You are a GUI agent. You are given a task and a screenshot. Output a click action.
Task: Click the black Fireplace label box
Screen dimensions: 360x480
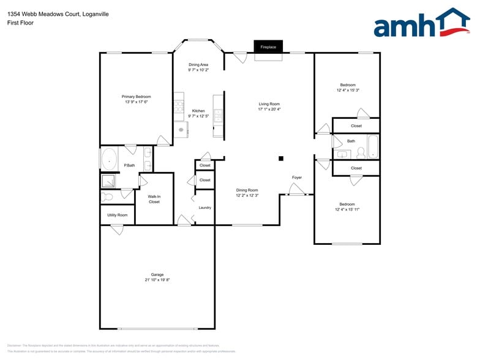(x=268, y=47)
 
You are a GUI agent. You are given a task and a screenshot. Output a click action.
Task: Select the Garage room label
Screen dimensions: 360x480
(x=157, y=274)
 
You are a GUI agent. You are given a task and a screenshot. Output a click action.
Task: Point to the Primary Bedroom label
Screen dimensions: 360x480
(x=136, y=97)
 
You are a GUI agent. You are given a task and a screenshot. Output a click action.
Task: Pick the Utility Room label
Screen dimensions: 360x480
(x=117, y=215)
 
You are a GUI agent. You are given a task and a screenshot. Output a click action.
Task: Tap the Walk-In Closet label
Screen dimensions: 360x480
(x=154, y=199)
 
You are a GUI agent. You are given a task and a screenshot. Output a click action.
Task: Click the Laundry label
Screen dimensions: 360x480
(x=204, y=208)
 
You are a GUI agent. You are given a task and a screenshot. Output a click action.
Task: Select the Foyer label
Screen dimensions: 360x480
(x=297, y=178)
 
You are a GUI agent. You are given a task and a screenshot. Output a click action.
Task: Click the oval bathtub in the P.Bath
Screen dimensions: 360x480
(x=110, y=160)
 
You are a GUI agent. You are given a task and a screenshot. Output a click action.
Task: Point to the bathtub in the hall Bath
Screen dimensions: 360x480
(x=373, y=146)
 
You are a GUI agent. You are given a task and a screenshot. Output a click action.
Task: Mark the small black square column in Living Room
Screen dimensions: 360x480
(x=281, y=159)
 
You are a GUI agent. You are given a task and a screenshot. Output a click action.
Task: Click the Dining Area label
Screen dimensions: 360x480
(x=198, y=65)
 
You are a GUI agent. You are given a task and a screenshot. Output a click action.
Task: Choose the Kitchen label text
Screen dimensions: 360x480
(x=198, y=111)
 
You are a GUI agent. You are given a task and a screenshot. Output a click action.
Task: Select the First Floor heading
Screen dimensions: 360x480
(x=21, y=23)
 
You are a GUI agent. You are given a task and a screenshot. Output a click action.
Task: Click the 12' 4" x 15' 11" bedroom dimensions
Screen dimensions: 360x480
(x=347, y=209)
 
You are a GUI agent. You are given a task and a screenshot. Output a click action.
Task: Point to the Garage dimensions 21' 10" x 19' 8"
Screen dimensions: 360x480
(x=157, y=280)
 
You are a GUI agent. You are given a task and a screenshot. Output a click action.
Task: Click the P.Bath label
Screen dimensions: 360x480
(x=129, y=165)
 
